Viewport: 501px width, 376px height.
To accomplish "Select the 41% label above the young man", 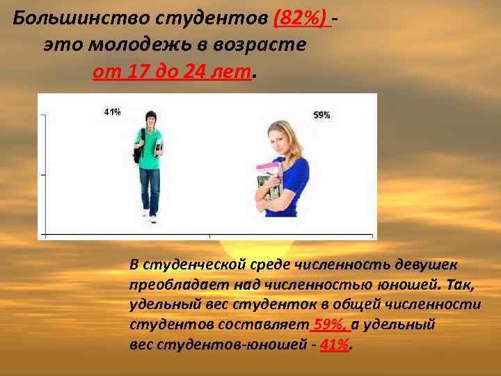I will coord(111,111).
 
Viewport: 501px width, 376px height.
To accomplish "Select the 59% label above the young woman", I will coord(321,115).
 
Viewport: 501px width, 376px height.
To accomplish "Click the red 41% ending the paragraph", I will coord(335,345).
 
